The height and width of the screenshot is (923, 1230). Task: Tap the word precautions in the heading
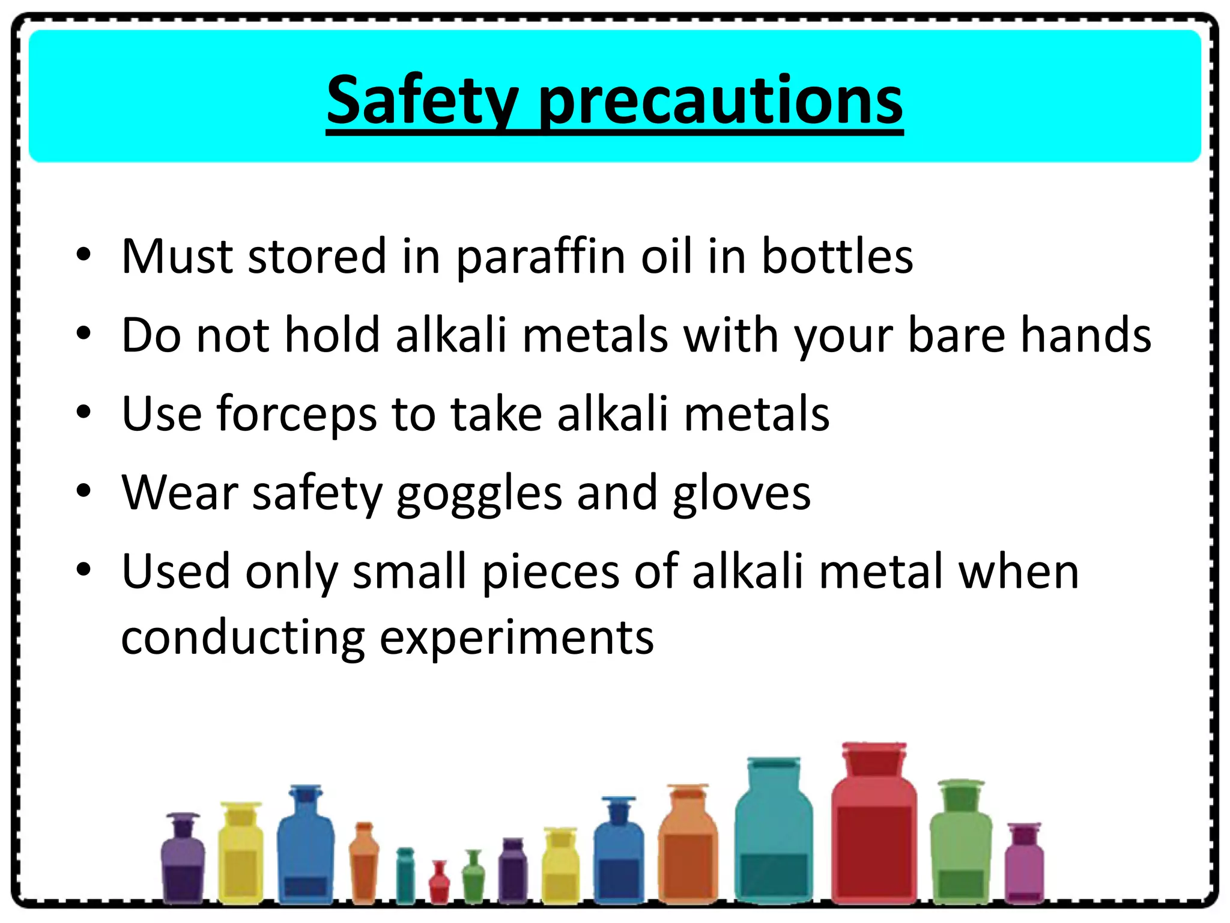click(x=721, y=101)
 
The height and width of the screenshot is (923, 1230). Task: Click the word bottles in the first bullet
click(x=837, y=256)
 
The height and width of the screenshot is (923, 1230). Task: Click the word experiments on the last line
click(x=517, y=638)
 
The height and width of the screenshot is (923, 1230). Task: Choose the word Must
click(x=177, y=256)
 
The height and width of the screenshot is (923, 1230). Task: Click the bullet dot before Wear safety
click(x=83, y=491)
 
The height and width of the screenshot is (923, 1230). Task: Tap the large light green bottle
click(x=960, y=847)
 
